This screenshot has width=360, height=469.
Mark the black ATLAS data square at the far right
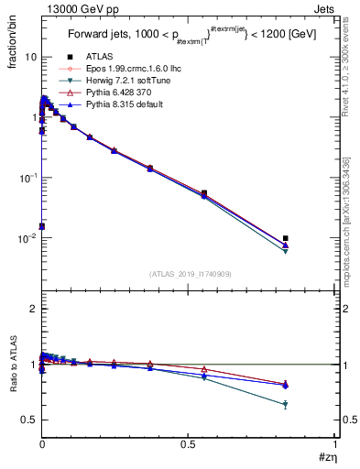286,238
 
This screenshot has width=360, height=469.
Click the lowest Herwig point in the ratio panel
286,404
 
